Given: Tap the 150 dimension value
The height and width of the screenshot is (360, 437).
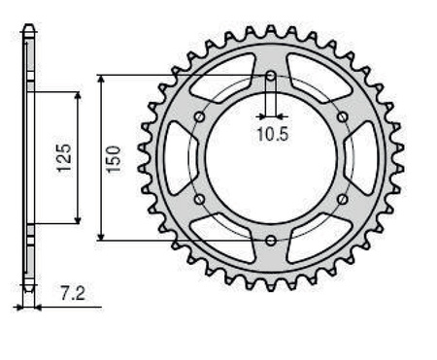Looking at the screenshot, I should pos(114,156).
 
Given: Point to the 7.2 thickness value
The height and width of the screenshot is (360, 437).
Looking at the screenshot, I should pos(66,290).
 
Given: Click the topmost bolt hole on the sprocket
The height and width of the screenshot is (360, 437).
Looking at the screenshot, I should pos(270,76).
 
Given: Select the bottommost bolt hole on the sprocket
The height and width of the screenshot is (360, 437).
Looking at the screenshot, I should pos(270,239).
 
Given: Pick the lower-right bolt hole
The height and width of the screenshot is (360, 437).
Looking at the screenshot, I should pos(341,198).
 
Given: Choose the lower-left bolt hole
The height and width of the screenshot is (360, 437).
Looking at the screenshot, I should pos(199,198).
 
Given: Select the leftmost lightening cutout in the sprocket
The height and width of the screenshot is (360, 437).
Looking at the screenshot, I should pos(178,157).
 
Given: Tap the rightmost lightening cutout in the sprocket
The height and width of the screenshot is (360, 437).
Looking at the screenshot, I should pos(362,157).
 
